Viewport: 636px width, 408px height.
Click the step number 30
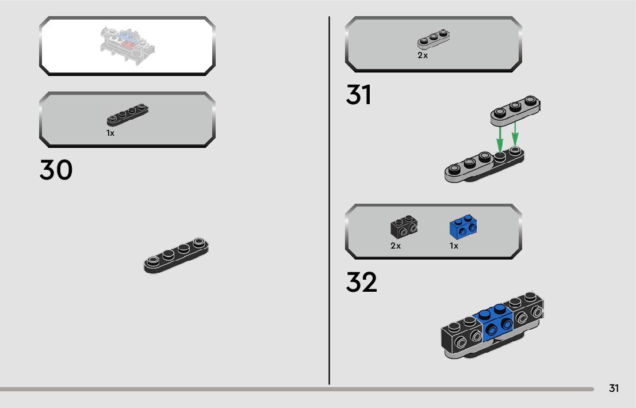pyautogui.click(x=56, y=170)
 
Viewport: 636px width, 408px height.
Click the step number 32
pyautogui.click(x=361, y=283)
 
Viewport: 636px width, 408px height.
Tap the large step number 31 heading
pyautogui.click(x=358, y=96)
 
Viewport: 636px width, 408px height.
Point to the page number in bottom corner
pyautogui.click(x=614, y=388)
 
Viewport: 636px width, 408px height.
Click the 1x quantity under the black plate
pyautogui.click(x=110, y=133)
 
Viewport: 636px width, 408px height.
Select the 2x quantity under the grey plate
pyautogui.click(x=423, y=56)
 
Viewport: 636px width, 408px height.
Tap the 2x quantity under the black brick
pyautogui.click(x=396, y=246)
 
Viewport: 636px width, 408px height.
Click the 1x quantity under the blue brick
pyautogui.click(x=454, y=246)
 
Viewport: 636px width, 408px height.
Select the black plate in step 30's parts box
pyautogui.click(x=128, y=115)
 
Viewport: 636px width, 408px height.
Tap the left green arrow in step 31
pyautogui.click(x=500, y=138)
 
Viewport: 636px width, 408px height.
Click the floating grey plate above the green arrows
pyautogui.click(x=515, y=110)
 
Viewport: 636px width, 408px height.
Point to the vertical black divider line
pyautogui.click(x=329, y=201)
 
